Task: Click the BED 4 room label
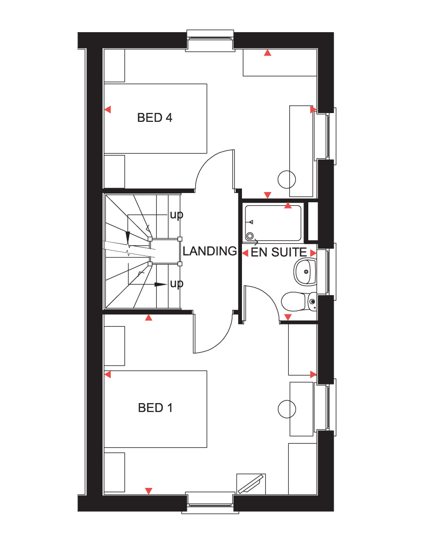tap(155, 117)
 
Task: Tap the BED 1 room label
tap(155, 407)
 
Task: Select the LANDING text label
tap(210, 251)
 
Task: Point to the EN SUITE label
tap(279, 252)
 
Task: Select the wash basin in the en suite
tap(305, 272)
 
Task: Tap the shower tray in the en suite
tap(273, 223)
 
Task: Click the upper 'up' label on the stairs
tap(177, 215)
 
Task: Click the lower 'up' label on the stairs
tap(177, 284)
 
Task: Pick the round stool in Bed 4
tap(287, 179)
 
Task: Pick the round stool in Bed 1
tap(287, 409)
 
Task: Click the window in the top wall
tap(210, 41)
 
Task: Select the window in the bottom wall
tap(210, 503)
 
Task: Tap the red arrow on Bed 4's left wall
tap(108, 110)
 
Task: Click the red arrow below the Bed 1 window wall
tap(149, 491)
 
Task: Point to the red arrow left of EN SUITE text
tap(245, 253)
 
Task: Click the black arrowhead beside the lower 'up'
tap(160, 285)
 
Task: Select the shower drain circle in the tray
tap(250, 236)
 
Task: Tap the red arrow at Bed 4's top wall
tap(267, 53)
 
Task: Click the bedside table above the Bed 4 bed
tap(115, 65)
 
